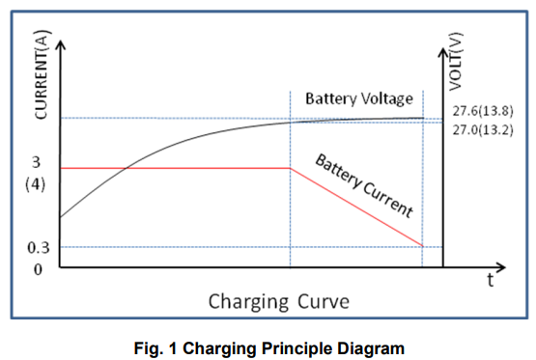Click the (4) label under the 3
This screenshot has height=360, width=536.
(x=36, y=182)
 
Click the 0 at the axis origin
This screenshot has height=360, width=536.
(x=38, y=268)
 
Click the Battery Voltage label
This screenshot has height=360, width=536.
(x=358, y=98)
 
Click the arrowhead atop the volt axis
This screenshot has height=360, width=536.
(x=444, y=44)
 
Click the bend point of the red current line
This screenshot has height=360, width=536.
(x=291, y=168)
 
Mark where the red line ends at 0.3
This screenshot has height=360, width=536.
(x=423, y=246)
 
